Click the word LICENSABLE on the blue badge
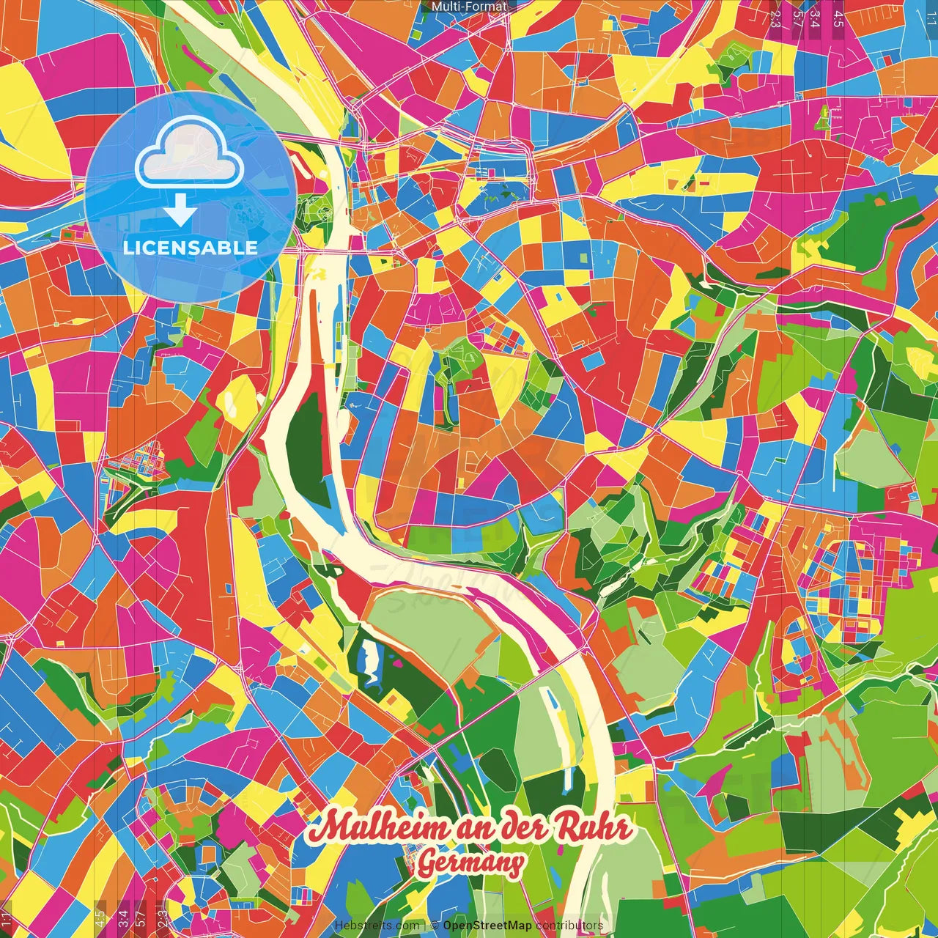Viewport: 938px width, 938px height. click(x=191, y=248)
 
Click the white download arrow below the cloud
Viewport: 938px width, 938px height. click(x=180, y=211)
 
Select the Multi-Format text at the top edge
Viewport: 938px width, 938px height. click(x=469, y=7)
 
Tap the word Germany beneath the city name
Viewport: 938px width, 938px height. click(x=470, y=863)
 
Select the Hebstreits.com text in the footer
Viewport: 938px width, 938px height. click(x=378, y=926)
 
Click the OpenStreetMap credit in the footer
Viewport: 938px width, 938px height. click(x=487, y=926)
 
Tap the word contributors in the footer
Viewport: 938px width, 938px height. click(x=569, y=926)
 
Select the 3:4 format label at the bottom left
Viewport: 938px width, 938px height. click(x=122, y=918)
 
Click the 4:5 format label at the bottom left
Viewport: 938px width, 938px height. click(x=100, y=918)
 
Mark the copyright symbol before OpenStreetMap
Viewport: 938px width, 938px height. click(x=435, y=926)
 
